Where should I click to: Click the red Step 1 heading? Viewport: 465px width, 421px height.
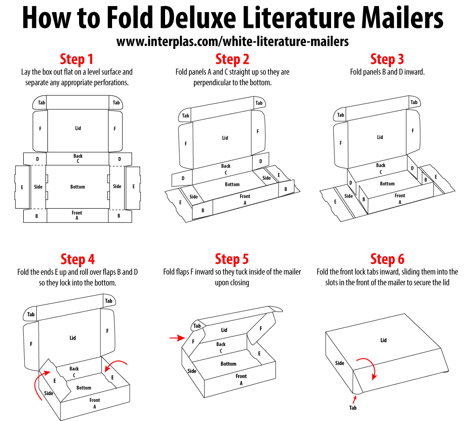click(x=77, y=60)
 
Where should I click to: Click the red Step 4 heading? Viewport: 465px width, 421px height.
click(x=77, y=259)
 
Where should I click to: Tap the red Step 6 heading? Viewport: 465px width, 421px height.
click(x=387, y=259)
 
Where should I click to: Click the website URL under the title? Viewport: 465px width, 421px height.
click(x=232, y=42)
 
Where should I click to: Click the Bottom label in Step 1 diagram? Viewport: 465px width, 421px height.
click(x=78, y=187)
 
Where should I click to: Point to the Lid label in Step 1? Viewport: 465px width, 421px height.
click(x=78, y=128)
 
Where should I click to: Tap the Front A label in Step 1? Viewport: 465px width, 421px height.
click(x=77, y=215)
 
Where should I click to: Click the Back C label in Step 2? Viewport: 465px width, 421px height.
click(x=226, y=169)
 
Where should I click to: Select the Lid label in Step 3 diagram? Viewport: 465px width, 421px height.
click(x=380, y=137)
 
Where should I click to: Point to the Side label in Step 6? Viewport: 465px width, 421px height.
click(x=340, y=363)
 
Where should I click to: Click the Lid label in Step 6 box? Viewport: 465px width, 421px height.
click(x=383, y=340)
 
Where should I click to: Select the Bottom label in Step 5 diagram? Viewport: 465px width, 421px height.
click(x=228, y=364)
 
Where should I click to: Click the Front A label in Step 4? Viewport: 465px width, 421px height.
click(x=94, y=403)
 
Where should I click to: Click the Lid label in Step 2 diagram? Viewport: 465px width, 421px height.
click(x=225, y=138)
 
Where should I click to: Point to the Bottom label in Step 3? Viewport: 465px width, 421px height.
click(x=387, y=183)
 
